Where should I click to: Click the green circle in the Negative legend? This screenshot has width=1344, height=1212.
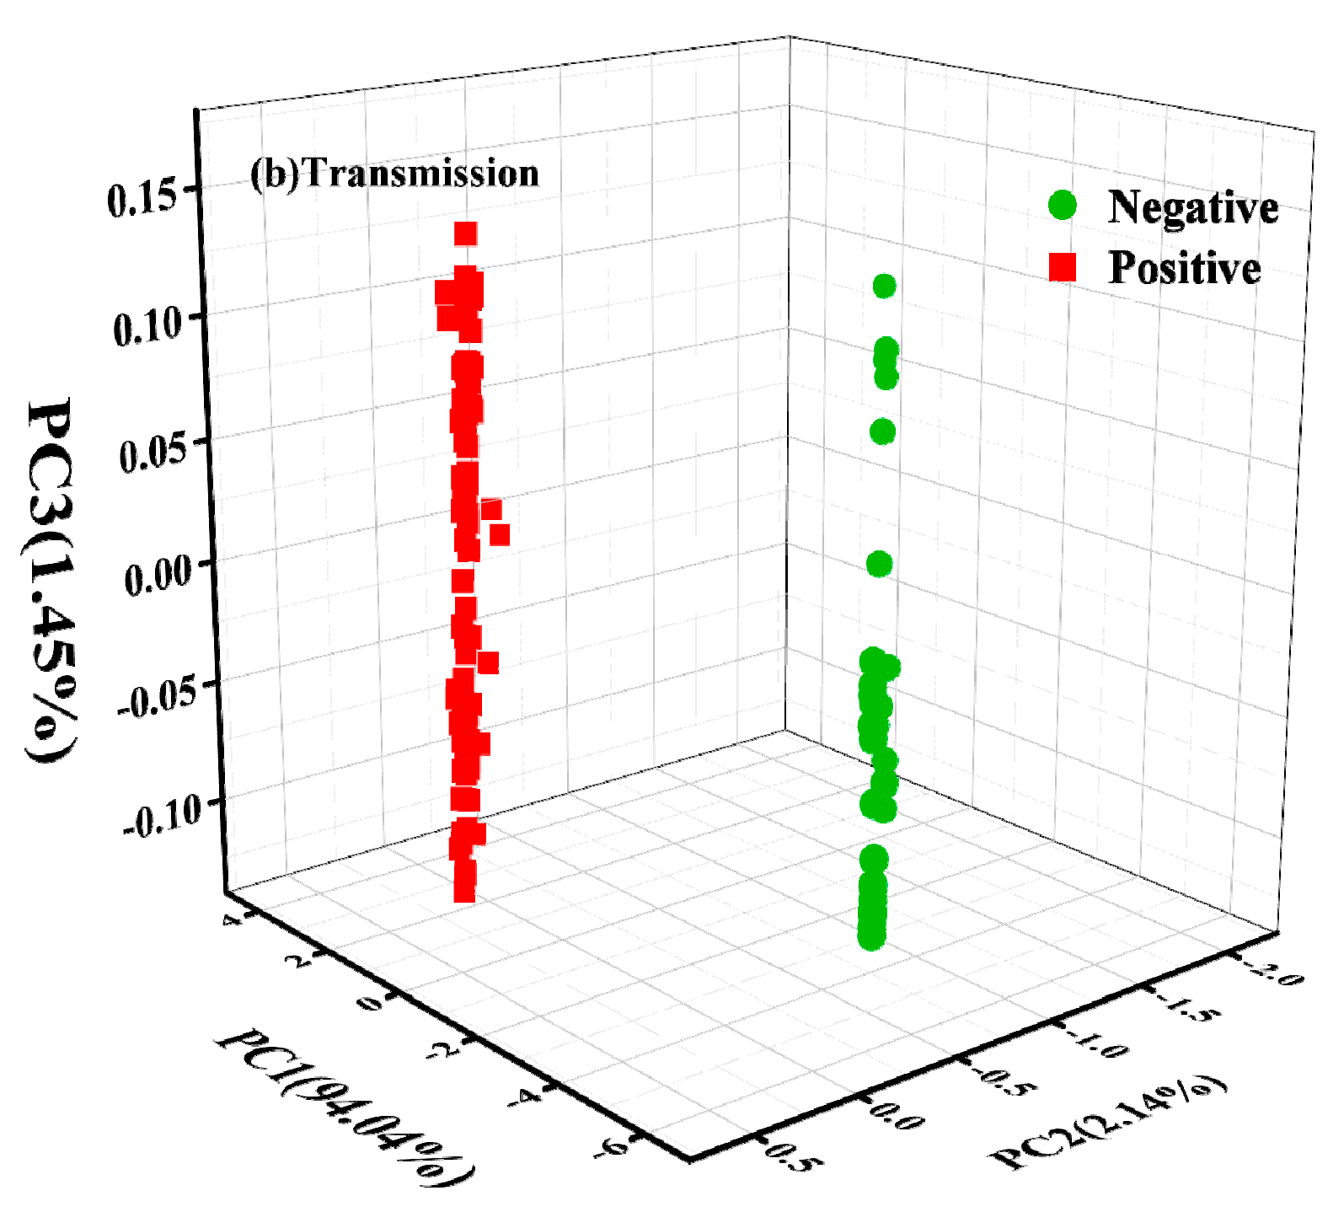pyautogui.click(x=1063, y=205)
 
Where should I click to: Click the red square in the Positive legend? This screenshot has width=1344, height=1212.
pyautogui.click(x=1063, y=267)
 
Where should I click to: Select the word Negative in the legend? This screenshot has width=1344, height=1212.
pyautogui.click(x=1192, y=206)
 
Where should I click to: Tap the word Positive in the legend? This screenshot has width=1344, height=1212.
pyautogui.click(x=1184, y=268)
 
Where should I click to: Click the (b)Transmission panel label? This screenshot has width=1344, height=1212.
pyautogui.click(x=394, y=174)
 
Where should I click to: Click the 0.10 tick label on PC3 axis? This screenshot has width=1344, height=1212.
pyautogui.click(x=147, y=325)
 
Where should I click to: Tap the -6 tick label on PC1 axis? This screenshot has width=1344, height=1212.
pyautogui.click(x=613, y=1148)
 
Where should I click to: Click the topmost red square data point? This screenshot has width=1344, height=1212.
pyautogui.click(x=466, y=233)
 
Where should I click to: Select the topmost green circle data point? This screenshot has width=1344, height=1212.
pyautogui.click(x=884, y=287)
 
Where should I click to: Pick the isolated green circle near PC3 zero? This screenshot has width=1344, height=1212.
pyautogui.click(x=879, y=564)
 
